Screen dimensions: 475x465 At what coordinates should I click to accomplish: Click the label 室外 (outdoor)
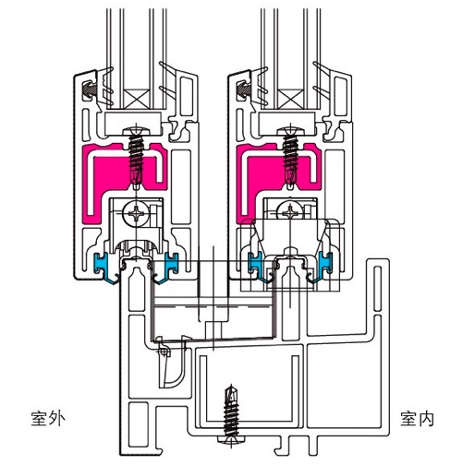click(x=48, y=418)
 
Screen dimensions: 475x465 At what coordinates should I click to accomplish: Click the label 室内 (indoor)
click(x=418, y=418)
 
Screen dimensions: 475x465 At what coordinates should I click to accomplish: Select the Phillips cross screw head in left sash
click(x=135, y=212)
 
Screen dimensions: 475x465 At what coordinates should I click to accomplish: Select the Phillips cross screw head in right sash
click(x=290, y=211)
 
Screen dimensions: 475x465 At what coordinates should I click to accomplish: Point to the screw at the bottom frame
click(x=231, y=414)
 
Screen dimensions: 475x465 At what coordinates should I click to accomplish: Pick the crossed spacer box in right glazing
click(x=290, y=99)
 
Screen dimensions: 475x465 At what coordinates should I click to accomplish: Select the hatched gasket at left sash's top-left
click(x=90, y=89)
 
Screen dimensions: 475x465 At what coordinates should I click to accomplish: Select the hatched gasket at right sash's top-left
click(x=244, y=89)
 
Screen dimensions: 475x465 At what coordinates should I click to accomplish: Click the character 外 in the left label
click(x=57, y=418)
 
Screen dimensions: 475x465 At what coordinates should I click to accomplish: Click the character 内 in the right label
click(x=426, y=418)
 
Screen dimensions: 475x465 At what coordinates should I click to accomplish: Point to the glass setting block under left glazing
click(x=133, y=124)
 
